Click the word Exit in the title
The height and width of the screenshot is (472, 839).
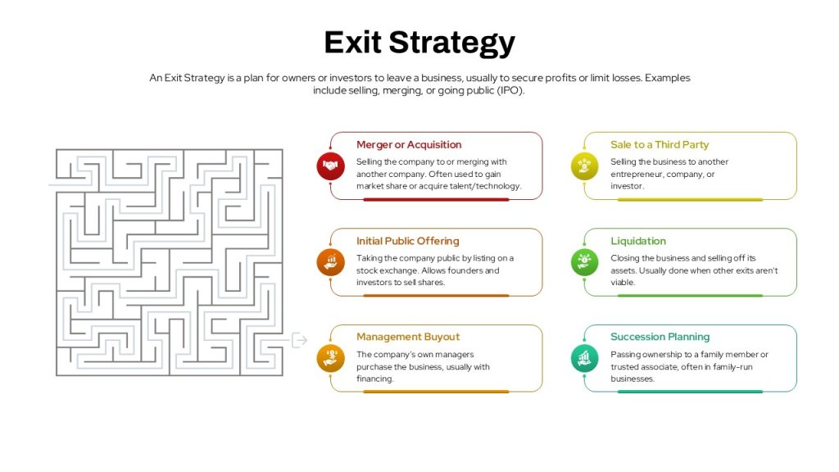pos(353,42)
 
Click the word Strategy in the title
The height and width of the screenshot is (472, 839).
pos(452,43)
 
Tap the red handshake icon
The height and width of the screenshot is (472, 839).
pos(330,166)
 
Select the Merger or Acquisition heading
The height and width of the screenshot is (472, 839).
pos(409,144)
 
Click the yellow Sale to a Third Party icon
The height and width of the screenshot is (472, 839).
pos(584,166)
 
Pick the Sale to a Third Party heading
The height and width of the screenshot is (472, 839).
pos(660,144)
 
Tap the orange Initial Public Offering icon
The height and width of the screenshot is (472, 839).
pos(330,262)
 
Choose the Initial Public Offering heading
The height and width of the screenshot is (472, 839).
pos(408,241)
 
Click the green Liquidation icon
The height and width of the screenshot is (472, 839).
pos(584,262)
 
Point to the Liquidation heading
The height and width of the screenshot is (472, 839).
pos(638,241)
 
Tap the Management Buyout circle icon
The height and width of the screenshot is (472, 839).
pos(330,358)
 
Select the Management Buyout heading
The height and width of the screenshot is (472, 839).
pos(408,337)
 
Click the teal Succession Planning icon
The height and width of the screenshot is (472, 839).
pos(584,358)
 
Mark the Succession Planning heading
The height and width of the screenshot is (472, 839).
pos(660,337)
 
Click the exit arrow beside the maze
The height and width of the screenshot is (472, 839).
pos(299,340)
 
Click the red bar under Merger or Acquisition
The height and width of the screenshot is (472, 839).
pos(436,200)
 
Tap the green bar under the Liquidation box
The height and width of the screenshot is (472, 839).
pos(690,295)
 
